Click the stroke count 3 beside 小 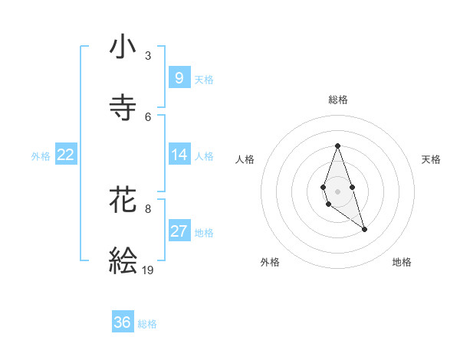coord(148,56)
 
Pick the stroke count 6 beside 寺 coord(148,116)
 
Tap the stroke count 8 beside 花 coord(148,208)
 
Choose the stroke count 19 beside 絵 coord(148,270)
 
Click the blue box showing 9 coord(179,77)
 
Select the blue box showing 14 coord(179,155)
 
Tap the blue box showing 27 coord(179,231)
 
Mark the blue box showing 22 coord(66,155)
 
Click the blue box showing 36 coord(123,322)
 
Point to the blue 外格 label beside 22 coord(41,156)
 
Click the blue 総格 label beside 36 coord(147,324)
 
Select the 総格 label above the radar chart coord(338,100)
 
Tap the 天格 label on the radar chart coord(431,159)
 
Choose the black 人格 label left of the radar coord(245,159)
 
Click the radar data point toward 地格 coord(364,229)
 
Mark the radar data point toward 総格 coord(337,146)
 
